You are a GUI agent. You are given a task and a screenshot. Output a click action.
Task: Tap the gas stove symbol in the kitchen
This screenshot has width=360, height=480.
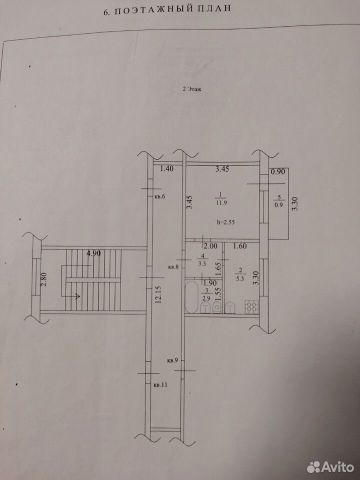(x=251, y=307)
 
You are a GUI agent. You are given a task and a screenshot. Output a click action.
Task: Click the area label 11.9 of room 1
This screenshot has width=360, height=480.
(x=221, y=202)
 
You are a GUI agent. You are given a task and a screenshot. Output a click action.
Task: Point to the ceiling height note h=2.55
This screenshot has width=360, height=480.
(x=225, y=222)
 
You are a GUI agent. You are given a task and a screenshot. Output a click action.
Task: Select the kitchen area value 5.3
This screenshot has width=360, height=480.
(x=240, y=278)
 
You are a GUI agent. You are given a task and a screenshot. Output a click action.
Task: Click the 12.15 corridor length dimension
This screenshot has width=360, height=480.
(x=158, y=294)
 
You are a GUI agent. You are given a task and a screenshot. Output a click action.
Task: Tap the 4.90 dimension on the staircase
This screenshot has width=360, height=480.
(x=94, y=253)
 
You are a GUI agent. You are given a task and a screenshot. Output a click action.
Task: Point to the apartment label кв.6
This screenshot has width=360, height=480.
(x=159, y=196)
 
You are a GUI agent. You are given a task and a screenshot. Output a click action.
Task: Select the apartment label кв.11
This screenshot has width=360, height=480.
(x=160, y=385)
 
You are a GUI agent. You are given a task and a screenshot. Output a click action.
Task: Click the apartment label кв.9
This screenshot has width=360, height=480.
(x=172, y=360)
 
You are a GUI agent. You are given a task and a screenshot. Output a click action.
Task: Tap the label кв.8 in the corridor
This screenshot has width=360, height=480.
(x=173, y=267)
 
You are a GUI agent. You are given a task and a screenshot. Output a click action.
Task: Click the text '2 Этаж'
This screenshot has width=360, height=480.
(x=192, y=89)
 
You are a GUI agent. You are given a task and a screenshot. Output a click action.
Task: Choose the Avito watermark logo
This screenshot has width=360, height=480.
(x=330, y=467)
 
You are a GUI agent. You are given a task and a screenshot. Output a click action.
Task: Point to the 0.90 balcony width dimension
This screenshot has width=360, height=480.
(x=277, y=172)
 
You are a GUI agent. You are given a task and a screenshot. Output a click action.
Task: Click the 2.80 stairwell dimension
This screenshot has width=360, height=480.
(x=44, y=279)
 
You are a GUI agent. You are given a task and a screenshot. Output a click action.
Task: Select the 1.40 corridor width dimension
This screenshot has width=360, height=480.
(x=167, y=168)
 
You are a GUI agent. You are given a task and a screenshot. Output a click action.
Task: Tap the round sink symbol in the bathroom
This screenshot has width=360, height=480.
(x=217, y=306)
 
